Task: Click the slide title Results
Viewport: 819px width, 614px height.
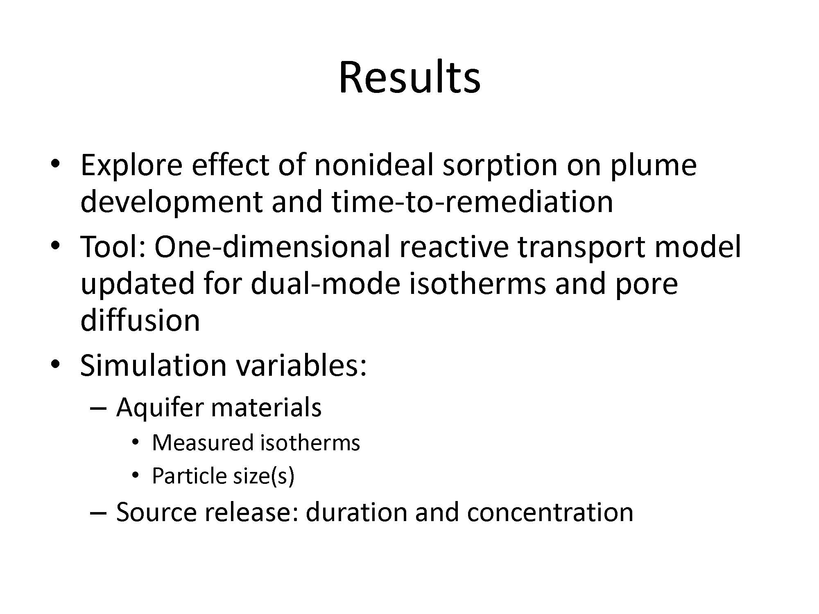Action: [409, 77]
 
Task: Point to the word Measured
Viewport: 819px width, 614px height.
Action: [203, 443]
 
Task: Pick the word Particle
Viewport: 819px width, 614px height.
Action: [184, 476]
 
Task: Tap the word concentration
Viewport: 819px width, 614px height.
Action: [550, 512]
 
